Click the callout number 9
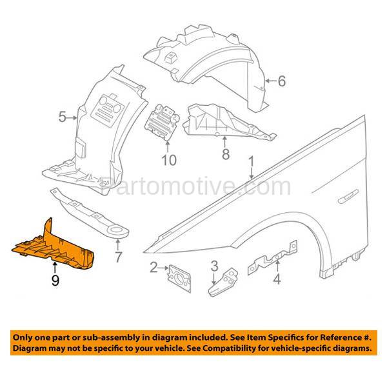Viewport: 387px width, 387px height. pyautogui.click(x=55, y=281)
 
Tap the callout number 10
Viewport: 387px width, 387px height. pyautogui.click(x=169, y=160)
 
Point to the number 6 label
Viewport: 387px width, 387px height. pyautogui.click(x=282, y=81)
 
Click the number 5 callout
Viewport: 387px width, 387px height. pyautogui.click(x=63, y=117)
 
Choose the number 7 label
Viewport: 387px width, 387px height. pyautogui.click(x=119, y=257)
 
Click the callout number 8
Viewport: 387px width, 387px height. pyautogui.click(x=226, y=154)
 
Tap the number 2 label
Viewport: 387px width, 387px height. pyautogui.click(x=154, y=268)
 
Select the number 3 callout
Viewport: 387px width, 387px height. pyautogui.click(x=215, y=266)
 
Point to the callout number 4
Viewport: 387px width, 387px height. pyautogui.click(x=277, y=279)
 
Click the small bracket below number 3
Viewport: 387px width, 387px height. pyautogui.click(x=223, y=282)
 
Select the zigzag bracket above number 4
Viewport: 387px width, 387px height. pyautogui.click(x=273, y=258)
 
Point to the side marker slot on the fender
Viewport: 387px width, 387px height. pyautogui.click(x=348, y=197)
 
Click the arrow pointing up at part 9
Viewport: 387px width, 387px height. pyautogui.click(x=55, y=268)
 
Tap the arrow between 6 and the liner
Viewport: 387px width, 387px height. pyautogui.click(x=271, y=81)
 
